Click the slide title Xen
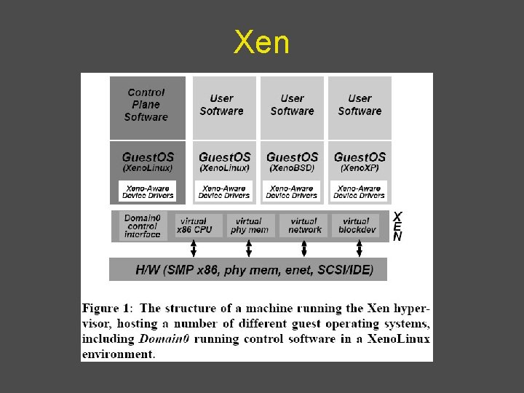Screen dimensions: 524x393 tap(261, 44)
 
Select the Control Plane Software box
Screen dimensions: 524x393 tap(146, 105)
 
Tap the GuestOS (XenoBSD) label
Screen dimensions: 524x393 tap(292, 161)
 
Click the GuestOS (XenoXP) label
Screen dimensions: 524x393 tap(360, 161)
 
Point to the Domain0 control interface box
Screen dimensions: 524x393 tap(142, 226)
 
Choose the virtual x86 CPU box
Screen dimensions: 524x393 tap(194, 226)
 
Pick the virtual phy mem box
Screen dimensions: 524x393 tap(249, 226)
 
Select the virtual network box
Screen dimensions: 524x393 tap(304, 226)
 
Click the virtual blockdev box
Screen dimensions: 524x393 tap(356, 226)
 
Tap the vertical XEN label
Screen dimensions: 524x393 tap(397, 226)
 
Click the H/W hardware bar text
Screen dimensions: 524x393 tap(254, 270)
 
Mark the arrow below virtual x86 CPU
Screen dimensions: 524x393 tap(194, 249)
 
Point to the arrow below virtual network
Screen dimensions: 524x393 tap(304, 249)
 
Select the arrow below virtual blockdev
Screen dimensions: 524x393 tap(360, 249)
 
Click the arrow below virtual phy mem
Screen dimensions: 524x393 tap(249, 249)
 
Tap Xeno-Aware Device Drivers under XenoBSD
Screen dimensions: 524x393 tap(292, 191)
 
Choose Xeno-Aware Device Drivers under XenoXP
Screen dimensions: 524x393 tap(360, 191)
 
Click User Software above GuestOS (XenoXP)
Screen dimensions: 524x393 tap(360, 105)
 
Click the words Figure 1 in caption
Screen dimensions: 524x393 tap(106, 309)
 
